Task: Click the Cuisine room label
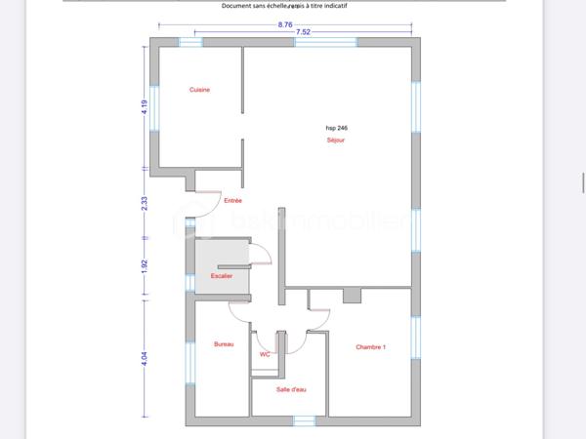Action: pyautogui.click(x=200, y=90)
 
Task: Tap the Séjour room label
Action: pyautogui.click(x=336, y=140)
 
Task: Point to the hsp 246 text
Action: pyautogui.click(x=336, y=128)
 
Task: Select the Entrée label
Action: pyautogui.click(x=232, y=200)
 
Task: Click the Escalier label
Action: pyautogui.click(x=222, y=276)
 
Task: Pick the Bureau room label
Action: pyautogui.click(x=224, y=344)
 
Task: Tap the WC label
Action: pyautogui.click(x=265, y=354)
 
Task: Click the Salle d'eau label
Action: pyautogui.click(x=291, y=389)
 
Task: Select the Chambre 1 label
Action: pyautogui.click(x=371, y=346)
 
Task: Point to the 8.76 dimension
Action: pyautogui.click(x=285, y=23)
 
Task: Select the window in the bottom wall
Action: pyautogui.click(x=305, y=421)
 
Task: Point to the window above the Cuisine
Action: pyautogui.click(x=190, y=42)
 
